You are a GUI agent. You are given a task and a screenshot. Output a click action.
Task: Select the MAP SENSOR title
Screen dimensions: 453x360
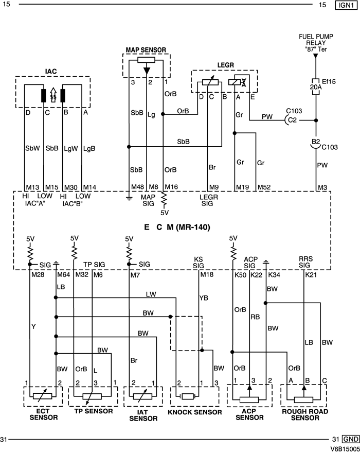[146, 49]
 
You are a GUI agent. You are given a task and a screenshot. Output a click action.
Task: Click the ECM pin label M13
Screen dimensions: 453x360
[32, 187]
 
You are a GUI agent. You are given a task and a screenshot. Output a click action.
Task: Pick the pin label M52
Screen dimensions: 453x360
[264, 187]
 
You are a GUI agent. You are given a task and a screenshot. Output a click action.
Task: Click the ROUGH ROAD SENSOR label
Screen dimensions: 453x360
[304, 414]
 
